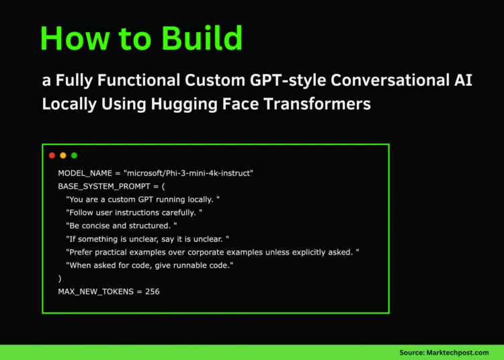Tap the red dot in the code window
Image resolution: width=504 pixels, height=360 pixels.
pos(52,156)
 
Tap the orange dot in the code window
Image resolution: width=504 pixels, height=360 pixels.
pos(63,156)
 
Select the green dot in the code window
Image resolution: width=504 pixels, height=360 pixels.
pos(74,156)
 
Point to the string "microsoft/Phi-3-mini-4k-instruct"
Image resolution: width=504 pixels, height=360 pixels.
pos(188,173)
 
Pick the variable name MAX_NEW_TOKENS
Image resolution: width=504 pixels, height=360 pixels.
pos(96,291)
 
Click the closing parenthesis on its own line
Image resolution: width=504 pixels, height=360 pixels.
pos(60,278)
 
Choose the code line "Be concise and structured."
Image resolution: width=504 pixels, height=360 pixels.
pos(122,226)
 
